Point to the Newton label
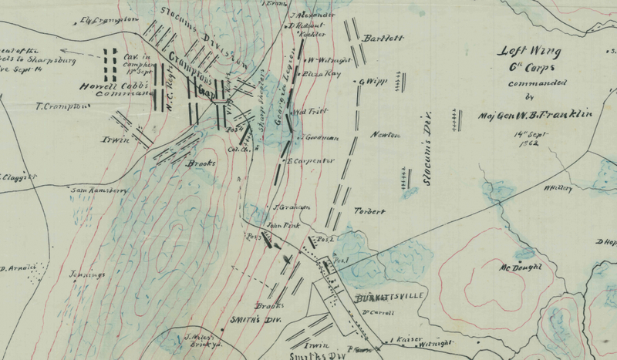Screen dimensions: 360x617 click(386, 136)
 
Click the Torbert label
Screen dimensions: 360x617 click(369, 211)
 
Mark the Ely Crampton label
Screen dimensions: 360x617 click(109, 18)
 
